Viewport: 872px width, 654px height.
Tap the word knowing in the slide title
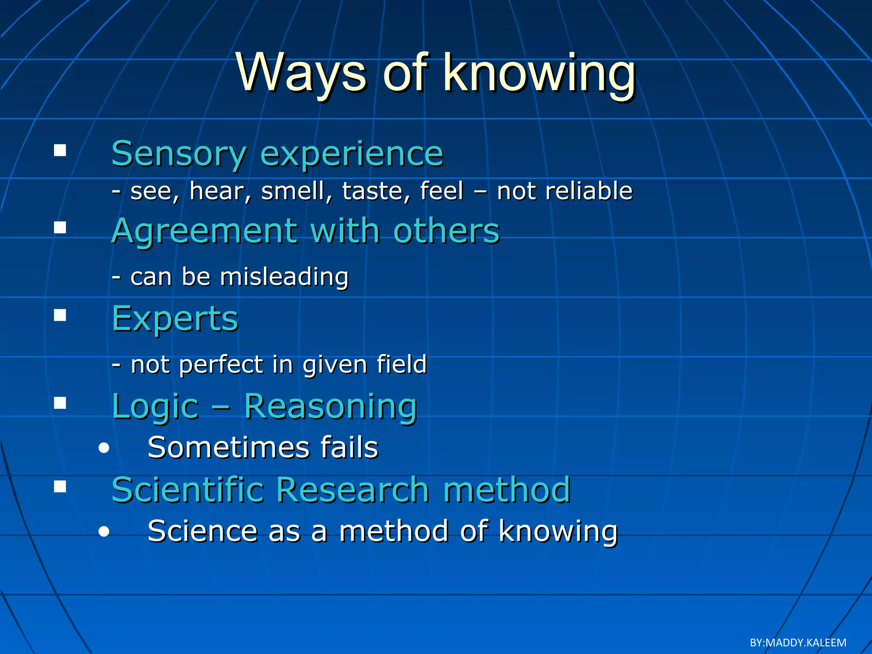pyautogui.click(x=539, y=73)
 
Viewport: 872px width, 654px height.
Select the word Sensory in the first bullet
pyautogui.click(x=179, y=154)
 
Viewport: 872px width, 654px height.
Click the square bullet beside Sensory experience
pyautogui.click(x=60, y=150)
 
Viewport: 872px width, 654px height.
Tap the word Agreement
pyautogui.click(x=204, y=231)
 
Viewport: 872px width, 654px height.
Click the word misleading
pyautogui.click(x=284, y=277)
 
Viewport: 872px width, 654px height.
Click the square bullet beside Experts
pyautogui.click(x=60, y=315)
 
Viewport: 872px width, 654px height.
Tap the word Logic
pyautogui.click(x=155, y=407)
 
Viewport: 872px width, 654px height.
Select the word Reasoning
pyautogui.click(x=330, y=407)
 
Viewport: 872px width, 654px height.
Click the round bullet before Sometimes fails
pyautogui.click(x=103, y=448)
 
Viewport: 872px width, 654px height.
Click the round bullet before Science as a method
pyautogui.click(x=103, y=532)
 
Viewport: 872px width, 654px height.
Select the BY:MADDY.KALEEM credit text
pyautogui.click(x=797, y=643)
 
